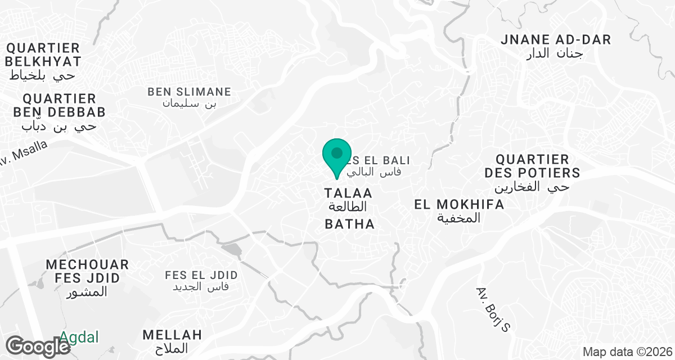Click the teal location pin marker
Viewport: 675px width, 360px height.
click(x=336, y=156)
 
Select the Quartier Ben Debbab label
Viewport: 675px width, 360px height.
click(x=59, y=105)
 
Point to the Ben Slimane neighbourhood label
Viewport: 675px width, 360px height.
click(x=189, y=91)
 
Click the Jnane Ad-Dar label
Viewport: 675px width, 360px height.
click(x=556, y=39)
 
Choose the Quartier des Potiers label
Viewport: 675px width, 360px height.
click(x=532, y=165)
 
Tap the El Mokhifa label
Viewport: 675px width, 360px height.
click(x=459, y=204)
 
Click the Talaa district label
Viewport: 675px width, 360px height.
click(x=348, y=193)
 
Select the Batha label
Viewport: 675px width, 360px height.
click(x=349, y=224)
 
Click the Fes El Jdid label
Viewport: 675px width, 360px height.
click(x=201, y=275)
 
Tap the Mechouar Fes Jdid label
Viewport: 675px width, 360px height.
click(x=87, y=271)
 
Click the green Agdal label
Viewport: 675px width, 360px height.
click(x=79, y=337)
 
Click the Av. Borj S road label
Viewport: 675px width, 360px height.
click(x=492, y=309)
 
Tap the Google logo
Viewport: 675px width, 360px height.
click(x=38, y=345)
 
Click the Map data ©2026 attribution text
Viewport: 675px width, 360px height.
click(x=626, y=352)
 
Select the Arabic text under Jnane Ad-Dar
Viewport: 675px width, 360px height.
click(x=555, y=54)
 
